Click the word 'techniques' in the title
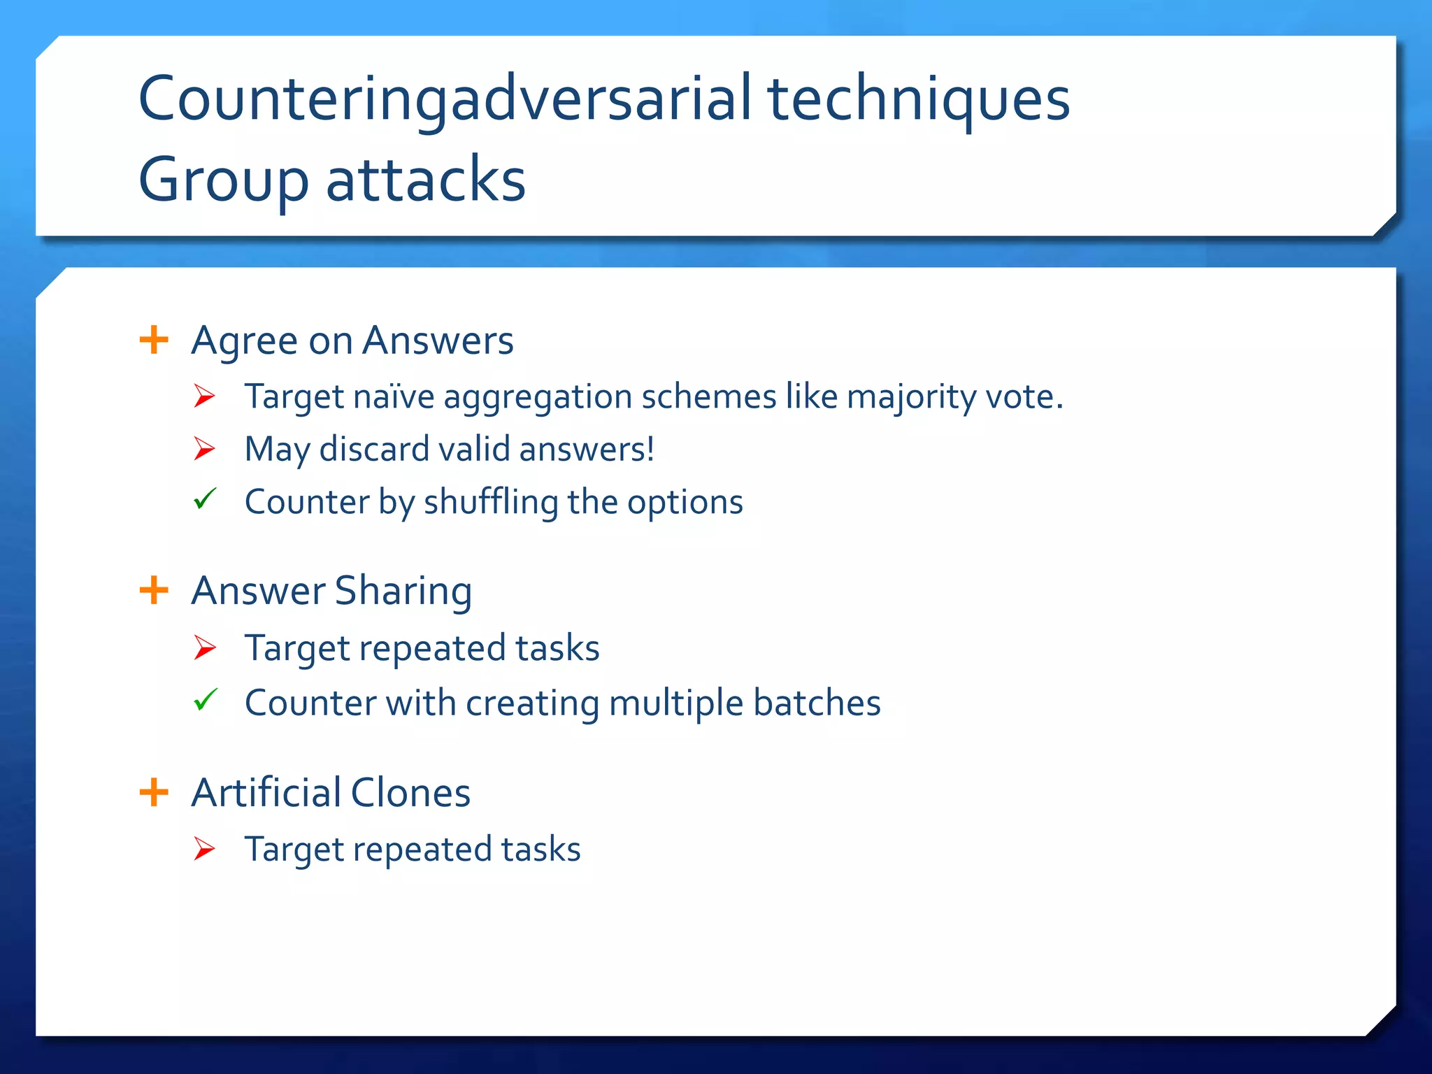pyautogui.click(x=918, y=99)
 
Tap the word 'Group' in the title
pyautogui.click(x=223, y=180)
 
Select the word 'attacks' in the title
pyautogui.click(x=426, y=180)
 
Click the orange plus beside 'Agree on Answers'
pyautogui.click(x=154, y=341)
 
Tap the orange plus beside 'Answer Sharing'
pyautogui.click(x=154, y=590)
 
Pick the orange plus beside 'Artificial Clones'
pyautogui.click(x=154, y=792)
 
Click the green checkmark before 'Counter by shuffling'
pyautogui.click(x=205, y=499)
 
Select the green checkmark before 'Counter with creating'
pyautogui.click(x=205, y=699)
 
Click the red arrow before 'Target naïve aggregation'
pyautogui.click(x=204, y=396)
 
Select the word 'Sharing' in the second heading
pyautogui.click(x=403, y=592)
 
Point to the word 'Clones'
pyautogui.click(x=410, y=793)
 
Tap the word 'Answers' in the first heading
pyautogui.click(x=438, y=341)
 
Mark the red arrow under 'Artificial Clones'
pyautogui.click(x=204, y=848)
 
